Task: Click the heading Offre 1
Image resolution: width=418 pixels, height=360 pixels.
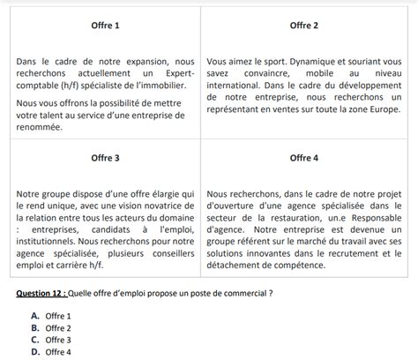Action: tap(106, 26)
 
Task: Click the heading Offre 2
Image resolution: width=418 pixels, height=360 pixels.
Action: tap(303, 26)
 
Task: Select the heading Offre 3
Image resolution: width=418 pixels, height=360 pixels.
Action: tap(106, 158)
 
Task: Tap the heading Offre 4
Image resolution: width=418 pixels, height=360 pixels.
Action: tap(303, 158)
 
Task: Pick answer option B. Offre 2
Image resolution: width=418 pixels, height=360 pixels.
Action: tap(50, 327)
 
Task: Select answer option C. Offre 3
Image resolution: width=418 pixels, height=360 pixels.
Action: tap(50, 340)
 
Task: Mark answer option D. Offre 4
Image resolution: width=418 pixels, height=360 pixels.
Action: tap(50, 352)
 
